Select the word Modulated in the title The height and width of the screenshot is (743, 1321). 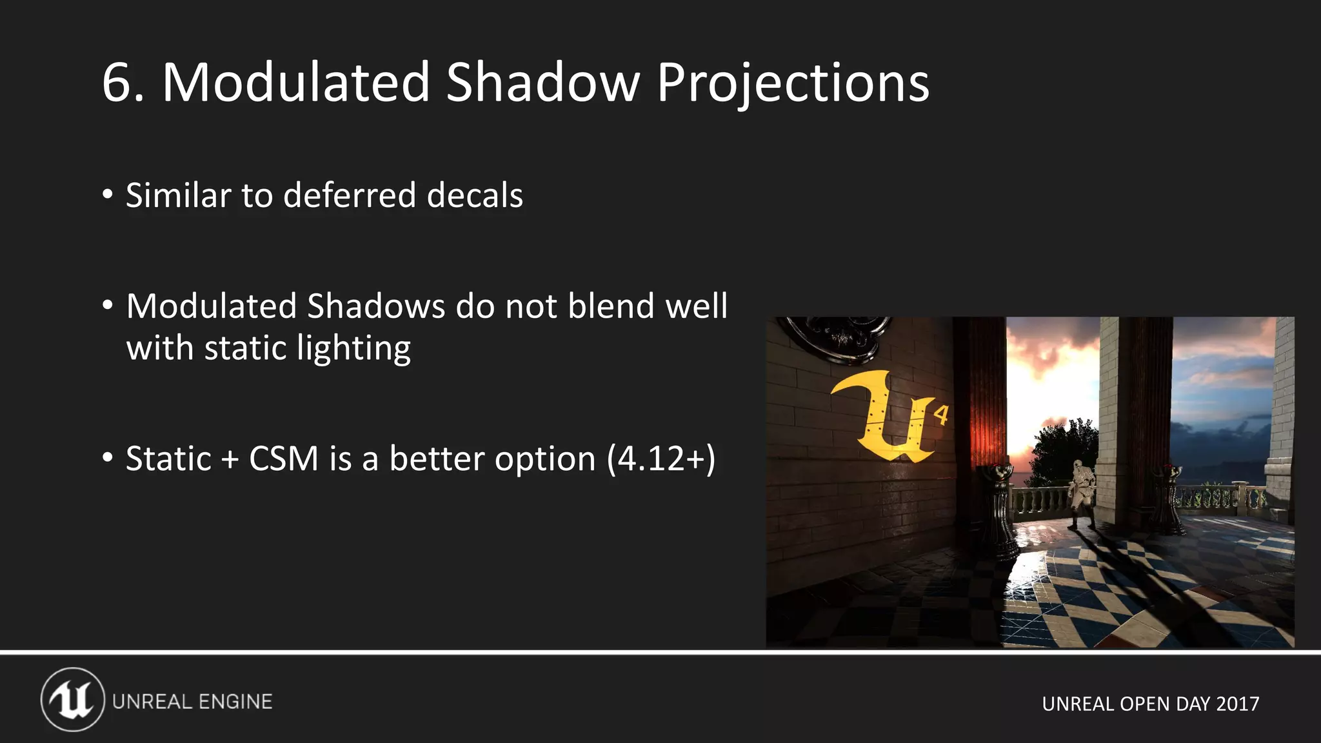[296, 83]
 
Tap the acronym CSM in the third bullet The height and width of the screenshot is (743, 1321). [284, 459]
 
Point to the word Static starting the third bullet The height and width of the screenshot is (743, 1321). [168, 459]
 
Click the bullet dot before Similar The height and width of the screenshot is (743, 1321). [108, 194]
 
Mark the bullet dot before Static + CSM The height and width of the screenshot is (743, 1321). [108, 458]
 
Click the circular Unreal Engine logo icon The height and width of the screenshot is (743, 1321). [73, 700]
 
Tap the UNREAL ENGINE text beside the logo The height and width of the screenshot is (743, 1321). [192, 702]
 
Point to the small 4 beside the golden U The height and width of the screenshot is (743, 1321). [942, 415]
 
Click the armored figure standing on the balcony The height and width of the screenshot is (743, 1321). [1082, 493]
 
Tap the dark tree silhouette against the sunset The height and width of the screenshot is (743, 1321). [1064, 451]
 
